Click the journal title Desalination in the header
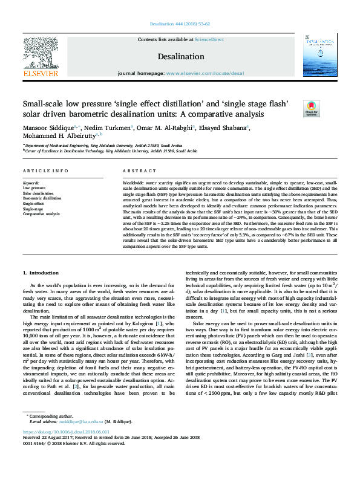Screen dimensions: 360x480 [x=180, y=56]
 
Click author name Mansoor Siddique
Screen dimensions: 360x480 [x=48, y=128]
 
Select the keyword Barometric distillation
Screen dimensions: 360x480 [x=42, y=198]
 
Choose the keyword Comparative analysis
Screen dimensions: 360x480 [x=41, y=214]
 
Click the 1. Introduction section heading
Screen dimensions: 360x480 [x=42, y=273]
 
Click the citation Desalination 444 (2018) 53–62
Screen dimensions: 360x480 [x=180, y=24]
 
